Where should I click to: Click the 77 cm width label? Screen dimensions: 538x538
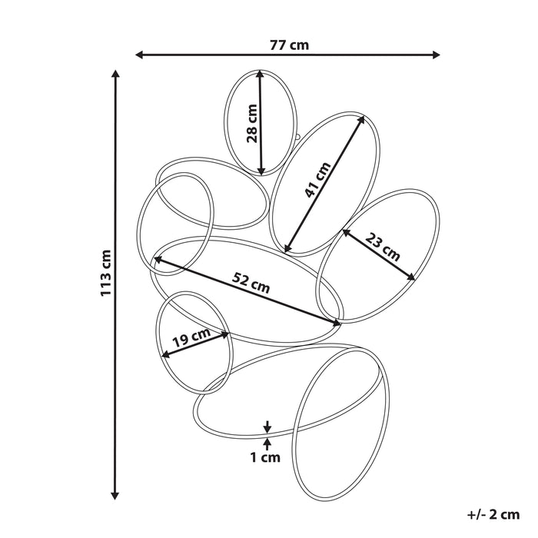click(289, 45)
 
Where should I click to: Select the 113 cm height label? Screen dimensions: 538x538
click(106, 273)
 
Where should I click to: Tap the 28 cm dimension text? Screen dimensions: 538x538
click(252, 123)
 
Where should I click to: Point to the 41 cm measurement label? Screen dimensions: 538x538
click(317, 179)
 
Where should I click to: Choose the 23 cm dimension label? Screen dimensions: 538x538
click(383, 247)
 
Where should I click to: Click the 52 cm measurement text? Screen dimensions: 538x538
click(251, 282)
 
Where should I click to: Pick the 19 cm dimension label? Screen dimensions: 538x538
click(191, 337)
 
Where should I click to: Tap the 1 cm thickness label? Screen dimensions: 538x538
click(265, 457)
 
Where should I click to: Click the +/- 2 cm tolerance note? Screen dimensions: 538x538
click(493, 514)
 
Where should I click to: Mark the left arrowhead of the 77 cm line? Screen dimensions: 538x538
click(139, 55)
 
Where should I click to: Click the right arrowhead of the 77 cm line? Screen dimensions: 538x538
click(436, 55)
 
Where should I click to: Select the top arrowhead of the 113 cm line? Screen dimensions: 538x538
click(115, 74)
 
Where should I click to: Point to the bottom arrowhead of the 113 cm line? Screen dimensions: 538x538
click(115, 496)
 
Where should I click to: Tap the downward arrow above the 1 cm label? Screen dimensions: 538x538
click(267, 427)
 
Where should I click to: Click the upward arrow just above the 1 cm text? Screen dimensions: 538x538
click(267, 444)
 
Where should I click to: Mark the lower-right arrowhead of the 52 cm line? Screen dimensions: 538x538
click(337, 323)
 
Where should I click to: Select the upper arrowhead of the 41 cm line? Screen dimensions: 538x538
click(361, 120)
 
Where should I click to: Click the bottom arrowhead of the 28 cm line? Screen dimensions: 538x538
click(261, 171)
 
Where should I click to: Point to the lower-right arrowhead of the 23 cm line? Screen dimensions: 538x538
click(411, 277)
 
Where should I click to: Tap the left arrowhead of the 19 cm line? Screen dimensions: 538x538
click(165, 354)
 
